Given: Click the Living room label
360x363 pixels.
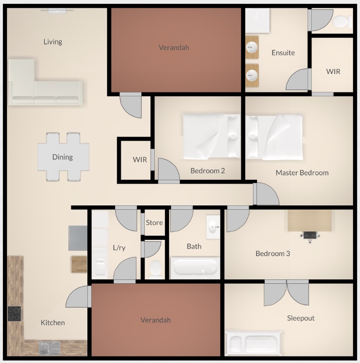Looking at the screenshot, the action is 53,42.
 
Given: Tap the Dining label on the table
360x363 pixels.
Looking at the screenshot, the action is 63,157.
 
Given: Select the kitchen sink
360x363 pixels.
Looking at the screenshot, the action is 50,348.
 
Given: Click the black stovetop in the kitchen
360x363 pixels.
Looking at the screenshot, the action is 14,314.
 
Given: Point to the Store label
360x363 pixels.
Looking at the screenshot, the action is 154,223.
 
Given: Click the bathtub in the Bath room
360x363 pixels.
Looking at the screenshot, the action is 195,268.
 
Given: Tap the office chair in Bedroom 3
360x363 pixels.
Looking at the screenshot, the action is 310,236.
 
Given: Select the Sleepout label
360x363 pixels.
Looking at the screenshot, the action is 300,318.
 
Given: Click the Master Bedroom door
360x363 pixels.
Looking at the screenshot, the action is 266,194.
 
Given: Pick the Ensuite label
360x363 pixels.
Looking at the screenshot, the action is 283,53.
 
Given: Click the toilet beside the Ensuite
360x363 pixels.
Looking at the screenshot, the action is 342,21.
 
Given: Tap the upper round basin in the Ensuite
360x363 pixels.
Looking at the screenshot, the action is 251,47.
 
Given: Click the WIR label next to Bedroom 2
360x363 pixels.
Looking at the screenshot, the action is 140,159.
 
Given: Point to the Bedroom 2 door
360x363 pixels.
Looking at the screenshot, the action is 168,170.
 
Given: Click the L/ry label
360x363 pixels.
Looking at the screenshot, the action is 119,248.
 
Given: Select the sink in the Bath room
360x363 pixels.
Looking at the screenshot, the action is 213,227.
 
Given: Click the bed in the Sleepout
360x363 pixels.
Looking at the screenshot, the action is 253,343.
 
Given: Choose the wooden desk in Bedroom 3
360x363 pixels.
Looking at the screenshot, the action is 310,221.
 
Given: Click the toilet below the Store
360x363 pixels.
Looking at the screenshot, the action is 155,269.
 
